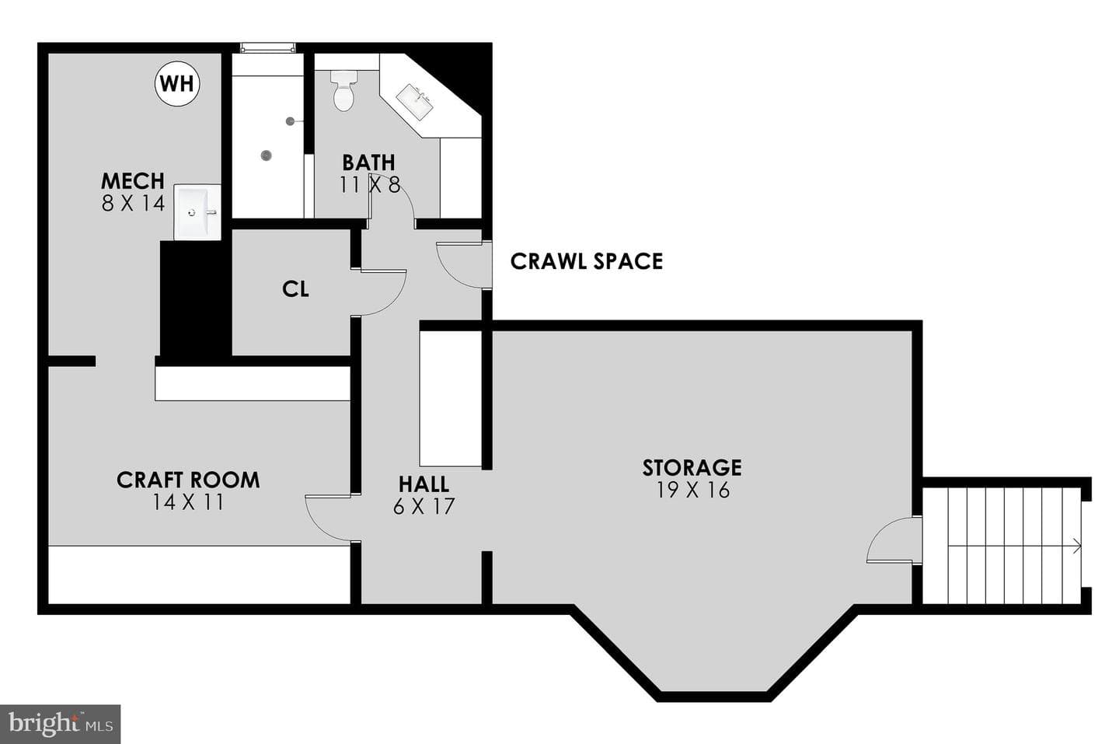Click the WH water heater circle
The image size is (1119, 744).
(177, 83)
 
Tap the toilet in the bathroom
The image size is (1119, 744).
(343, 90)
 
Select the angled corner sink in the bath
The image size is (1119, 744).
(414, 102)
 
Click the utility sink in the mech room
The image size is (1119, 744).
(197, 212)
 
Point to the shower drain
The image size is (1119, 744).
(267, 155)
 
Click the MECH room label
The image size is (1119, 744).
(132, 180)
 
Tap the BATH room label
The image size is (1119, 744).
(368, 162)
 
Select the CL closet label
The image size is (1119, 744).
(295, 288)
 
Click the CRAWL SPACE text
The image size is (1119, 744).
(587, 261)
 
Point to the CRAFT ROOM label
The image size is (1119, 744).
(188, 480)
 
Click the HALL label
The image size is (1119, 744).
(424, 484)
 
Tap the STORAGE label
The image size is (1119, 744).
(692, 468)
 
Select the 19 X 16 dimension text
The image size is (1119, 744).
(693, 491)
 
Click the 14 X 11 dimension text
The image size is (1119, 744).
(188, 502)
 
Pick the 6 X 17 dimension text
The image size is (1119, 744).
(424, 507)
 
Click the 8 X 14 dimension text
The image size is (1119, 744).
(133, 204)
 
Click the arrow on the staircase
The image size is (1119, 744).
(1015, 546)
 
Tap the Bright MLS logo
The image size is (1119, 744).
(61, 724)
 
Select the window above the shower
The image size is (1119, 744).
(267, 48)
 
